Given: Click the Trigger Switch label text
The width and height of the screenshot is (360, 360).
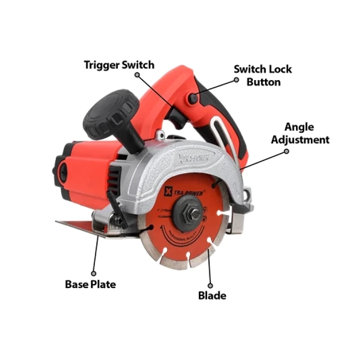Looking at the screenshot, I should point(119,65).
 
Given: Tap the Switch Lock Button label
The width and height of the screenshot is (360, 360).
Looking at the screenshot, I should point(263,76).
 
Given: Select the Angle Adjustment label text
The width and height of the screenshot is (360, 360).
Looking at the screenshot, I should point(300,133).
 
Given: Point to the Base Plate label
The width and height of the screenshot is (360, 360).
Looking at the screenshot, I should point(90,284).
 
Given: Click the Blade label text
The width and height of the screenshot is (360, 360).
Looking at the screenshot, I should point(212,296).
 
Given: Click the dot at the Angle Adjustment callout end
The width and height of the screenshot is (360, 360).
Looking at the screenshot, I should point(286,152).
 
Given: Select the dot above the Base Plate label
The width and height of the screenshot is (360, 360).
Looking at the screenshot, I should point(93,273).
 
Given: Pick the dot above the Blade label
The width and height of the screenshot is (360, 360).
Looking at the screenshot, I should point(210,284).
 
